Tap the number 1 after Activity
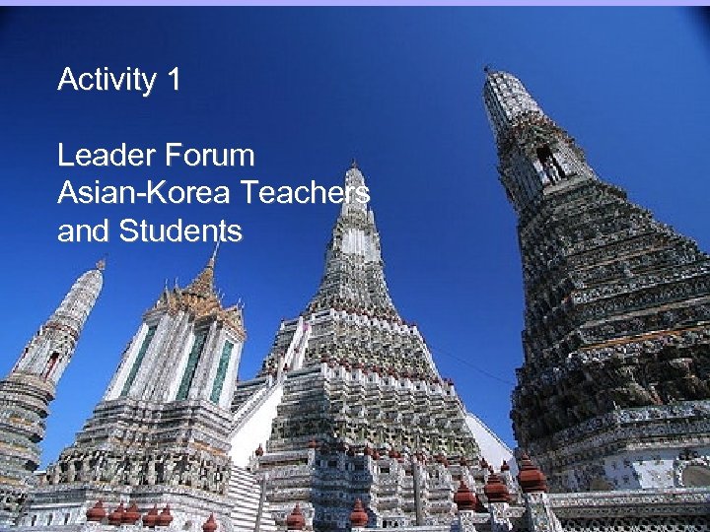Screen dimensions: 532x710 click(x=174, y=79)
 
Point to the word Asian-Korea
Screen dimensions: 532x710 click(x=140, y=194)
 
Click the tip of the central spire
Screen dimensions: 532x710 click(x=354, y=165)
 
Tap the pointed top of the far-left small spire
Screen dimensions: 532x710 click(x=100, y=263)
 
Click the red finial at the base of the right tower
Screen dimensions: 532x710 click(x=531, y=475)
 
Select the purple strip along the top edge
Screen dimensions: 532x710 click(x=355, y=3)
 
